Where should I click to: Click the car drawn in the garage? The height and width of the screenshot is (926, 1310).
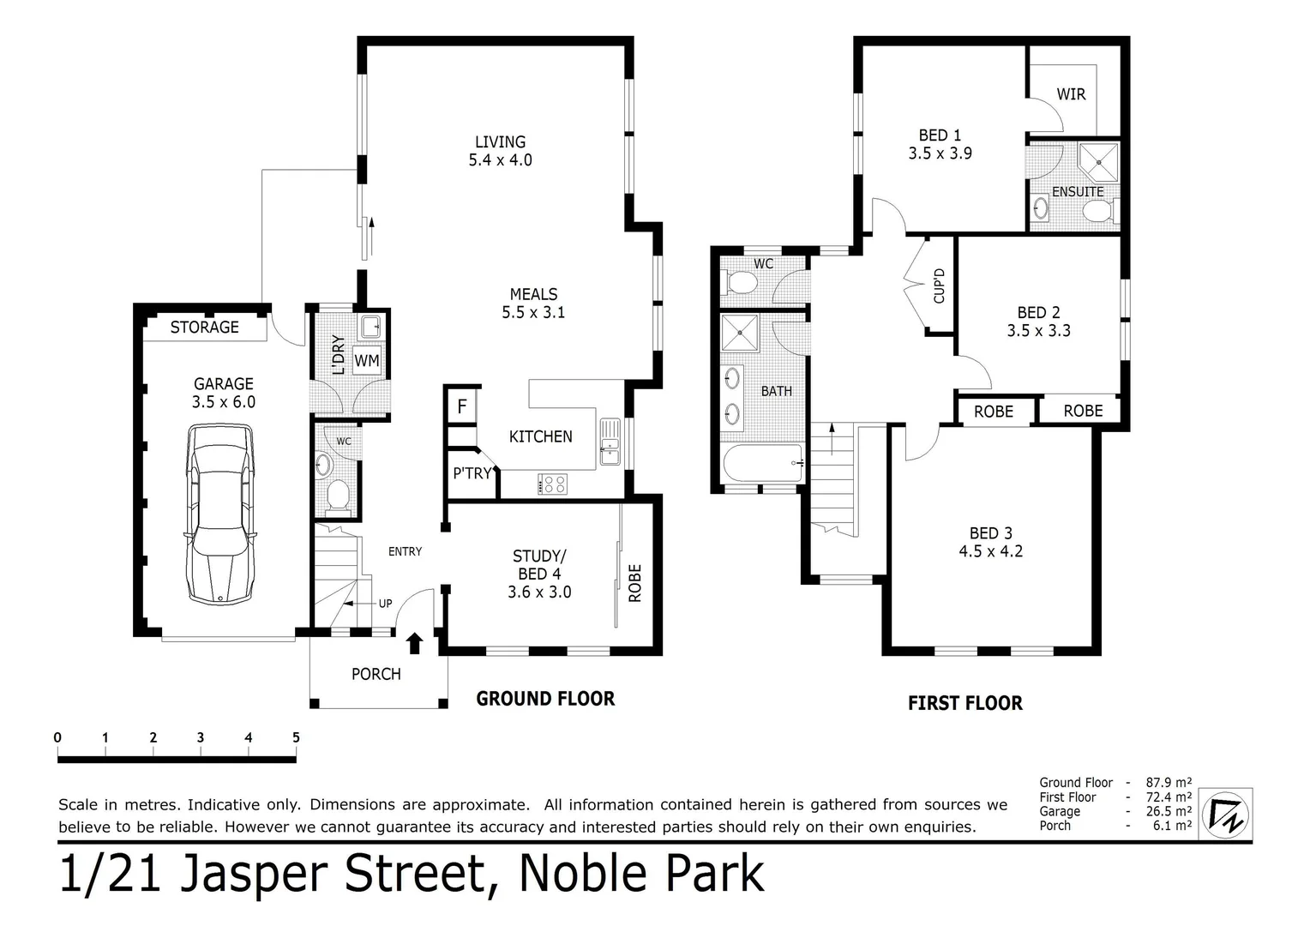pyautogui.click(x=220, y=514)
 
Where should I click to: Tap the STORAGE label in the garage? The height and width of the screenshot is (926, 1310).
pyautogui.click(x=204, y=327)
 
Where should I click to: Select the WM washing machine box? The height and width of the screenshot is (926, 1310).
pyautogui.click(x=367, y=361)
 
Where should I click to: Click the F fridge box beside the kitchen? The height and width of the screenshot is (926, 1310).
pyautogui.click(x=462, y=406)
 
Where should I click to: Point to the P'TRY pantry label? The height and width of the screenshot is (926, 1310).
pyautogui.click(x=472, y=473)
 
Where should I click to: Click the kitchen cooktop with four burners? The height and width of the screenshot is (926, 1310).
pyautogui.click(x=551, y=484)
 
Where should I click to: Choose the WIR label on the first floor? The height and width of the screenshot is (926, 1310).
pyautogui.click(x=1071, y=94)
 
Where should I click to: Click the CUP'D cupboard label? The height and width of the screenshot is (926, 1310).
pyautogui.click(x=940, y=286)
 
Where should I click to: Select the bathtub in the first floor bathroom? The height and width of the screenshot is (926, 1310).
pyautogui.click(x=763, y=465)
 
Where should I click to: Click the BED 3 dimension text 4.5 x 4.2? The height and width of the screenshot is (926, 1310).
pyautogui.click(x=990, y=551)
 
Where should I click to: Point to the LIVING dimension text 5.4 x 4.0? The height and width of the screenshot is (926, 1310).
pyautogui.click(x=500, y=160)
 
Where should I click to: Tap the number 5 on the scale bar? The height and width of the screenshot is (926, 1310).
pyautogui.click(x=296, y=737)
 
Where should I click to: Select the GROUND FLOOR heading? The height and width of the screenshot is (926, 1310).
pyautogui.click(x=545, y=699)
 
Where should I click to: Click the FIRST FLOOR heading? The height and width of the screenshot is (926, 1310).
pyautogui.click(x=964, y=703)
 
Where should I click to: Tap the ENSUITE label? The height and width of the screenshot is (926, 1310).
pyautogui.click(x=1078, y=192)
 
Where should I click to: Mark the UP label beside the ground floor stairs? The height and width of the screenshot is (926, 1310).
pyautogui.click(x=385, y=604)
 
